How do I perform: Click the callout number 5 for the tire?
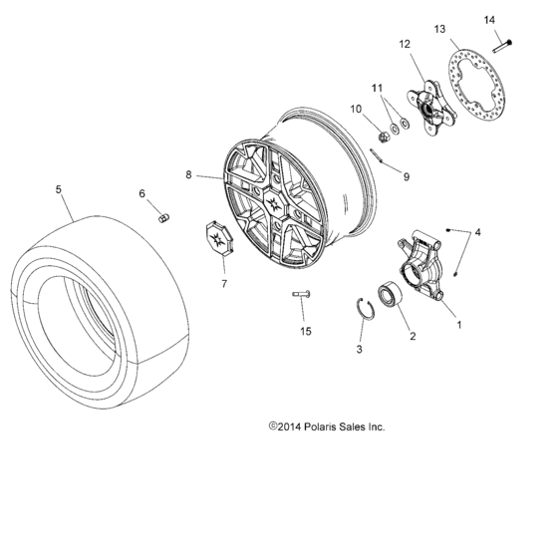pos(59,188)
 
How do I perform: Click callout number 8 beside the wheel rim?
pos(188,176)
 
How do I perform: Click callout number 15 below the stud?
pos(306,330)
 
